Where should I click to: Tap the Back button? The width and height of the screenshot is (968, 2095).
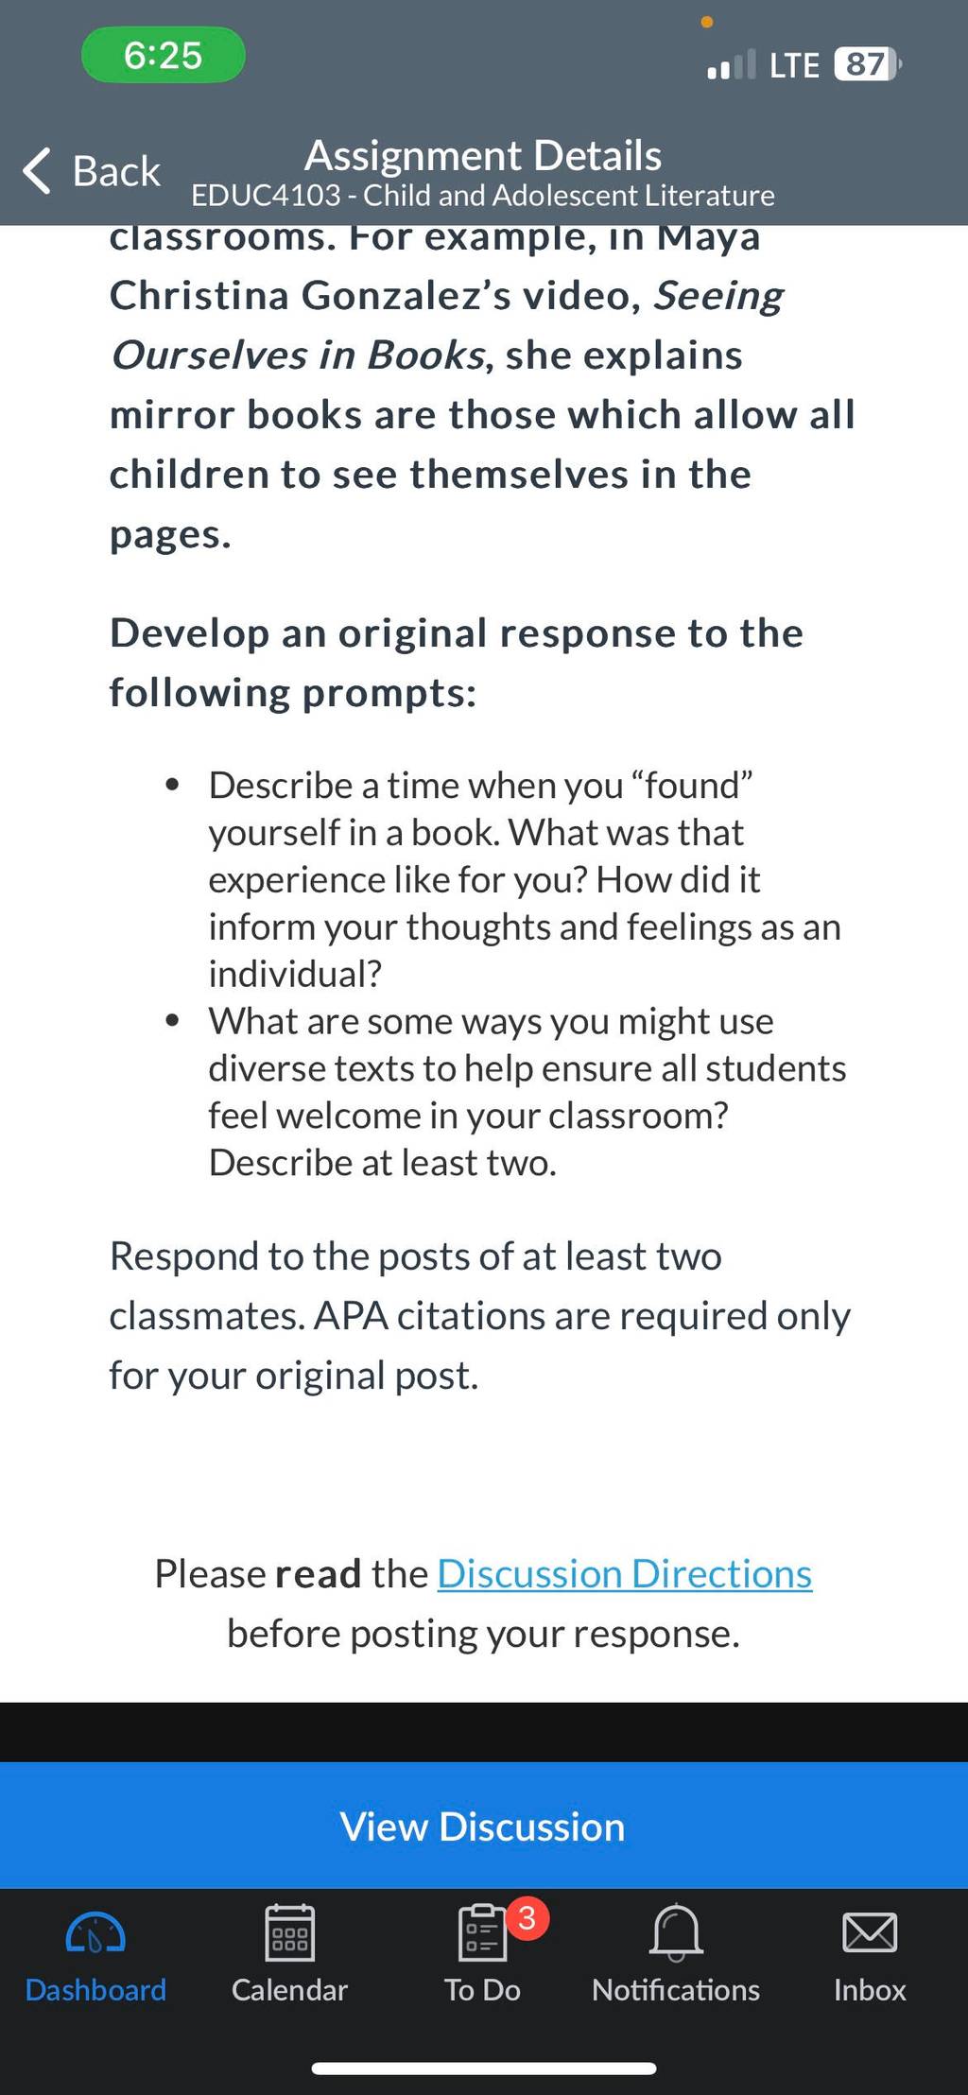click(92, 171)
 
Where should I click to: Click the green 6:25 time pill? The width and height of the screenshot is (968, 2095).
click(164, 56)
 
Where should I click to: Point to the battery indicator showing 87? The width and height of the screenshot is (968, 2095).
click(868, 64)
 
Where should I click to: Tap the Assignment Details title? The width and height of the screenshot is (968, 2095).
click(483, 155)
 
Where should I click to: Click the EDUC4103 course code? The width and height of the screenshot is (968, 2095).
click(266, 195)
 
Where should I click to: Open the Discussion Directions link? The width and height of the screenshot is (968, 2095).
click(625, 1574)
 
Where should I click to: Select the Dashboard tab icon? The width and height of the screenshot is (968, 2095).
click(95, 1932)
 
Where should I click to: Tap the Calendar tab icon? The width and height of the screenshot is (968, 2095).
click(290, 1932)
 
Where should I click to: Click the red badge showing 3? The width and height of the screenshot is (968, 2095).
click(527, 1917)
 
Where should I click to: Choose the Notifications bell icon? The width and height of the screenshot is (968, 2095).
click(677, 1932)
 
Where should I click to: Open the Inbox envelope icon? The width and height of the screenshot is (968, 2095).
click(870, 1932)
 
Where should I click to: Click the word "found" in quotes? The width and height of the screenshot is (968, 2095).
click(692, 786)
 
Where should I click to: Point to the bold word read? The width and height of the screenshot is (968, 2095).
click(319, 1574)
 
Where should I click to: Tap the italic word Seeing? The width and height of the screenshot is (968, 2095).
click(719, 296)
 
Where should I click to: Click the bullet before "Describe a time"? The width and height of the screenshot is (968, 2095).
click(172, 785)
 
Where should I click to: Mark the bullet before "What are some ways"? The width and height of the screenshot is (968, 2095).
click(172, 1021)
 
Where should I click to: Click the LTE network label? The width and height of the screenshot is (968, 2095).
click(794, 65)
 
